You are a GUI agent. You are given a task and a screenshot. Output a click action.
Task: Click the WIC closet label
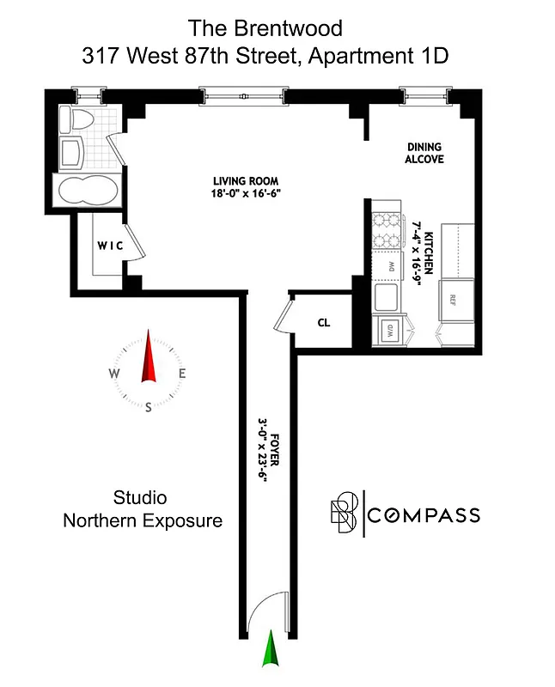[109, 246]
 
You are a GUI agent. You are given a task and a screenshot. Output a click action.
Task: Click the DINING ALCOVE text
[424, 153]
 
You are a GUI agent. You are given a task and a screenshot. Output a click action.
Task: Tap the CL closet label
[324, 323]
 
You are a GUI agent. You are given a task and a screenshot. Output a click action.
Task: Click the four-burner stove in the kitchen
[388, 230]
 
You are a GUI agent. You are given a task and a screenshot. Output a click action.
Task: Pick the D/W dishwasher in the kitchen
[388, 330]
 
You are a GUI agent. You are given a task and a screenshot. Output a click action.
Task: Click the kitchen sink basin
[387, 298]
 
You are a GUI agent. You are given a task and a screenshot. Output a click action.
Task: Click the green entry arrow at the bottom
[272, 649]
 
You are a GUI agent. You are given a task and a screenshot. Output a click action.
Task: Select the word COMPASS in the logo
[424, 515]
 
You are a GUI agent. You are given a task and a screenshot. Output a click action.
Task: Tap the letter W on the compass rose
[113, 374]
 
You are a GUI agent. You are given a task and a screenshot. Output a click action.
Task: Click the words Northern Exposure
[143, 520]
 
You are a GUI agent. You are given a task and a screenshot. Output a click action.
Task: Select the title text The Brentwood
[265, 28]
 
